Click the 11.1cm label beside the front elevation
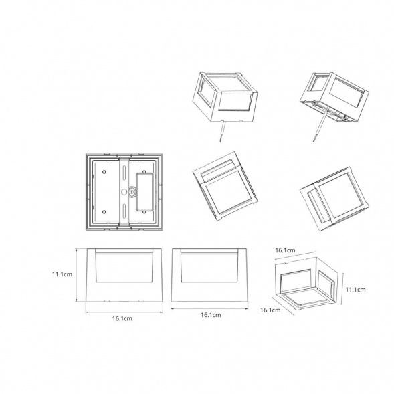pyautogui.click(x=62, y=274)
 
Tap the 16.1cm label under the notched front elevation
pyautogui.click(x=122, y=318)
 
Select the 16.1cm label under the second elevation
pyautogui.click(x=211, y=315)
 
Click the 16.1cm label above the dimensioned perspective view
pyautogui.click(x=285, y=250)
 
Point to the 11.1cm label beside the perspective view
pyautogui.click(x=356, y=290)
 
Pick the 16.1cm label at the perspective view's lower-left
pyautogui.click(x=270, y=310)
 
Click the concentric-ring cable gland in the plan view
pyautogui.click(x=131, y=192)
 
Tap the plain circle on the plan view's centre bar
pyautogui.click(x=124, y=192)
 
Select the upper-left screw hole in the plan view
pyautogui.click(x=104, y=172)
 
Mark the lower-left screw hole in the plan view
pyautogui.click(x=104, y=212)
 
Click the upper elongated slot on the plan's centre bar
pyautogui.click(x=124, y=171)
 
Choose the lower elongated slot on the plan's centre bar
pyautogui.click(x=124, y=211)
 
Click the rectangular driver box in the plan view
pyautogui.click(x=144, y=192)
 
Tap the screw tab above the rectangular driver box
pyautogui.click(x=144, y=172)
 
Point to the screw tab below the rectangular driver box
pyautogui.click(x=144, y=212)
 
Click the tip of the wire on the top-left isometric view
pyautogui.click(x=220, y=141)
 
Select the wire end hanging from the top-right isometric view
pyautogui.click(x=314, y=141)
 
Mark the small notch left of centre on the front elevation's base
pyautogui.click(x=106, y=300)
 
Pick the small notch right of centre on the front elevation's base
pyautogui.click(x=141, y=300)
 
